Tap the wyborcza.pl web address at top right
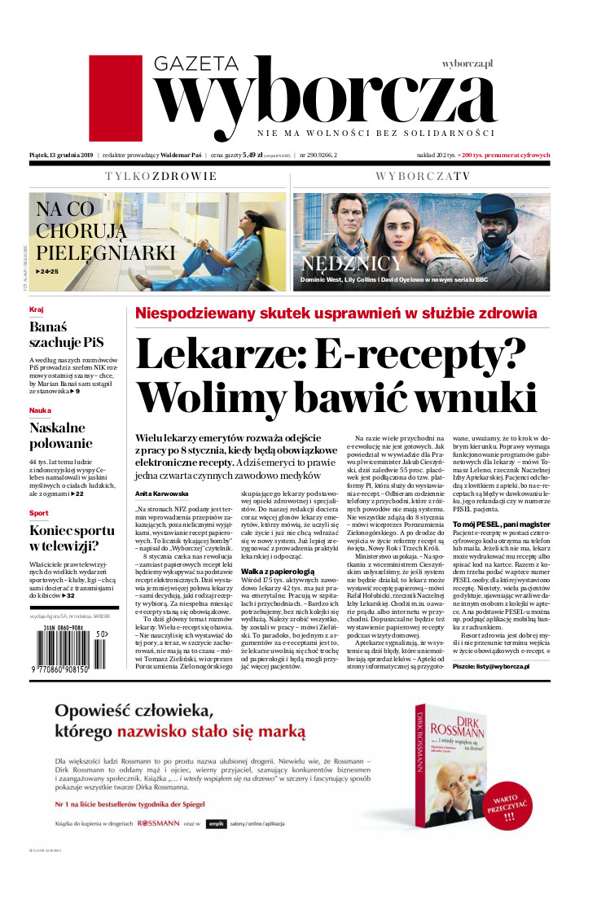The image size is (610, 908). coord(468,63)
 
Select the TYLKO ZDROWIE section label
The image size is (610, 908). coord(160,176)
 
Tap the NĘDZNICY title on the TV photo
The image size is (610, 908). coord(352,263)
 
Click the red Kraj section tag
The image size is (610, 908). coord(36,310)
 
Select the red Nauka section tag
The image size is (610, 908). coord(40,410)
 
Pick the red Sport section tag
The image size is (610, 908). coord(38,513)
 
